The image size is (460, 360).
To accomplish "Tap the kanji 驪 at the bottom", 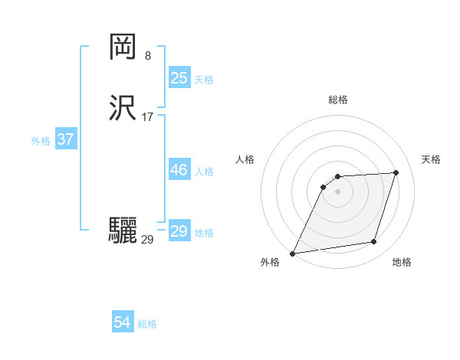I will (x=123, y=230).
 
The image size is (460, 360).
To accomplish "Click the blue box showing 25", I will (x=179, y=78).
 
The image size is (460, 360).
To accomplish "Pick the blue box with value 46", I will (x=179, y=170).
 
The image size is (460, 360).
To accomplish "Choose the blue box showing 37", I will (x=65, y=140).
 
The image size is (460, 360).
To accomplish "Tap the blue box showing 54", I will (x=122, y=322).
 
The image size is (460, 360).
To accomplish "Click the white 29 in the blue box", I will (x=179, y=231).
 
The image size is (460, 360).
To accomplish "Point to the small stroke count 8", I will (x=147, y=55).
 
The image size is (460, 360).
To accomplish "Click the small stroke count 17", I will (x=148, y=117).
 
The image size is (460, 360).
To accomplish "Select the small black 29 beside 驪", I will (x=147, y=240).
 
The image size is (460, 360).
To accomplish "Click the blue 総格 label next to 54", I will (x=147, y=324).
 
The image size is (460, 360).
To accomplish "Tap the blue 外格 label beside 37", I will (x=41, y=141).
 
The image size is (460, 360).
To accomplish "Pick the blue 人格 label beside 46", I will (x=204, y=172).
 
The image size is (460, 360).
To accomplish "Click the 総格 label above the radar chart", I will (x=337, y=100).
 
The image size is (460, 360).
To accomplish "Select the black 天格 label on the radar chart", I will (x=432, y=159).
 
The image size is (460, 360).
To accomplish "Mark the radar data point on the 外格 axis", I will (x=293, y=253).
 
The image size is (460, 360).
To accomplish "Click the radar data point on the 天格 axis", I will (x=396, y=172).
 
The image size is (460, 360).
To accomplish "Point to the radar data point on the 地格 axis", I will (x=374, y=242).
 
